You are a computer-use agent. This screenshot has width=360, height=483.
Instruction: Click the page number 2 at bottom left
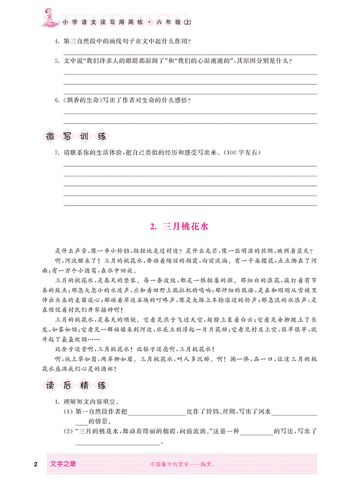(x=35, y=464)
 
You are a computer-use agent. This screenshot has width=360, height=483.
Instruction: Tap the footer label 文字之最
(x=64, y=463)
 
